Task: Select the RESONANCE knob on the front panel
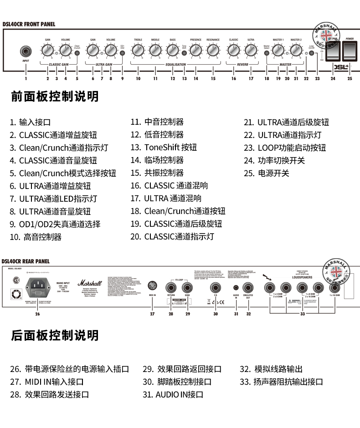(213, 50)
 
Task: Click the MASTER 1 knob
(278, 50)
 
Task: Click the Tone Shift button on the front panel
(185, 53)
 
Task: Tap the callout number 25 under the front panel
(350, 78)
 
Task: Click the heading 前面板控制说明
(55, 97)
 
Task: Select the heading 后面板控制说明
(55, 336)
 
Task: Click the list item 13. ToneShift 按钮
(164, 148)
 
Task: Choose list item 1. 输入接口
(30, 122)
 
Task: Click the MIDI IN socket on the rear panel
(153, 287)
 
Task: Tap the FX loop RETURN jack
(171, 287)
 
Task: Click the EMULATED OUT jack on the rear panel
(248, 288)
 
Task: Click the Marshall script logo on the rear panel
(87, 283)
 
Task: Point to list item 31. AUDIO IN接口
(173, 394)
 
